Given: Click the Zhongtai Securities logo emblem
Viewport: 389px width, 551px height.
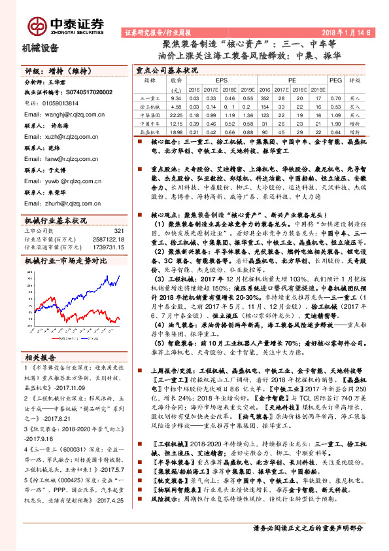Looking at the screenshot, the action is pyautogui.click(x=37, y=26).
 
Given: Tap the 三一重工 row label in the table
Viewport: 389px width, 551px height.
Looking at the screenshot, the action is pyautogui.click(x=150, y=98).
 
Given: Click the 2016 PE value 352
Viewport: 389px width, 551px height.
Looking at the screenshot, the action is pyautogui.click(x=264, y=98).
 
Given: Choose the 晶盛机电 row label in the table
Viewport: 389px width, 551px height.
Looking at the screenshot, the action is pyautogui.click(x=150, y=131).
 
